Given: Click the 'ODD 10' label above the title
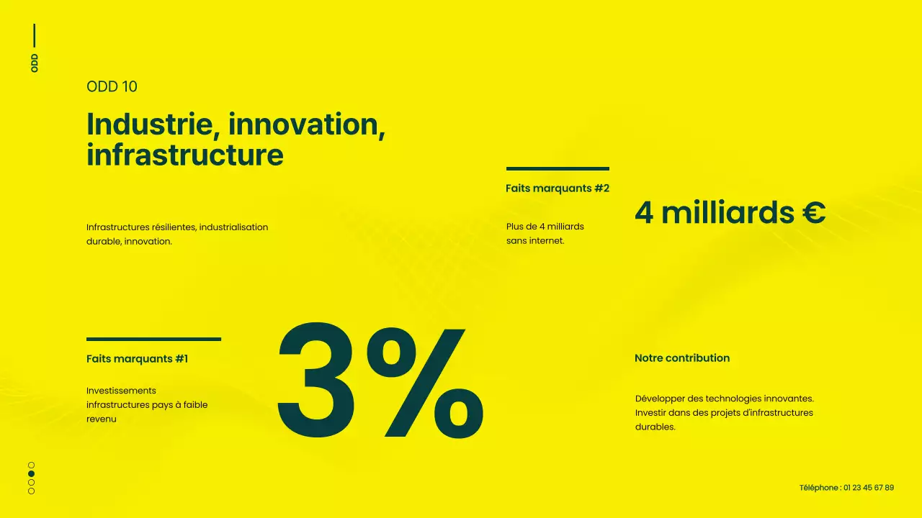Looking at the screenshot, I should coord(112,86).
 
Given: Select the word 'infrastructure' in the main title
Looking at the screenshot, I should coord(184,155).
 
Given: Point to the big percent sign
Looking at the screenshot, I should coord(425,381).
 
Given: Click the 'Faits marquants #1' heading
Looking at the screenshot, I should coord(137,358).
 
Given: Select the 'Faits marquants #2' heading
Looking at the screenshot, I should coord(558,188).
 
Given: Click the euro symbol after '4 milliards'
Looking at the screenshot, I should coord(814,213).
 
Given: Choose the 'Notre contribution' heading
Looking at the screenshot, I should coord(682,358).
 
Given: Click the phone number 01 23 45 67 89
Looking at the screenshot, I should coord(869,488).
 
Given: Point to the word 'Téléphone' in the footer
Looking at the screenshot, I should coord(819,488).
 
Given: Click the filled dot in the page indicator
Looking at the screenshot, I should coord(31,473).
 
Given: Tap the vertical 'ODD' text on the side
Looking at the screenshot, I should coord(35,63).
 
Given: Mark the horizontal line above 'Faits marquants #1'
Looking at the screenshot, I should coord(153,339).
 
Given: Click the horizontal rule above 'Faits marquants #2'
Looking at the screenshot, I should coord(558,168).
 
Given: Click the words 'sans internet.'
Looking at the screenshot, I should coord(535,241).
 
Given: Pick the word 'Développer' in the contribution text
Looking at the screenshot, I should coord(660,399).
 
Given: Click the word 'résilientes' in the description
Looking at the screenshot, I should coord(174,227).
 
